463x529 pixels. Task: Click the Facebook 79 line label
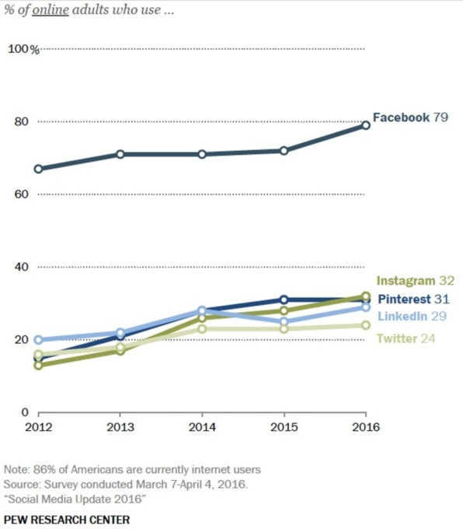point(409,117)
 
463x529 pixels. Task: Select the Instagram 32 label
point(415,281)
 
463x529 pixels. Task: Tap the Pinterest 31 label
point(415,299)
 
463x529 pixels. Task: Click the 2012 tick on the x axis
point(39,428)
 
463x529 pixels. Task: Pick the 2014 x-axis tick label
point(203,428)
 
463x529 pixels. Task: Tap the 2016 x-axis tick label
point(366,428)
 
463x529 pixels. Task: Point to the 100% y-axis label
point(23,50)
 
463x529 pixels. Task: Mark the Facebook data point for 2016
point(366,125)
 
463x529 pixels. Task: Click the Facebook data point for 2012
point(39,169)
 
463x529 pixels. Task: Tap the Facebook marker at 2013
point(120,154)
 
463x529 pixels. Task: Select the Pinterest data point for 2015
point(284,300)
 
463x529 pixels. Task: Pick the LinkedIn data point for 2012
point(39,340)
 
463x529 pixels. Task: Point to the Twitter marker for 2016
point(366,325)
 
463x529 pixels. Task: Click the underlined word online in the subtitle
point(46,11)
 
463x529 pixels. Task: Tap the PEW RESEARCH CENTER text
point(67,519)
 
